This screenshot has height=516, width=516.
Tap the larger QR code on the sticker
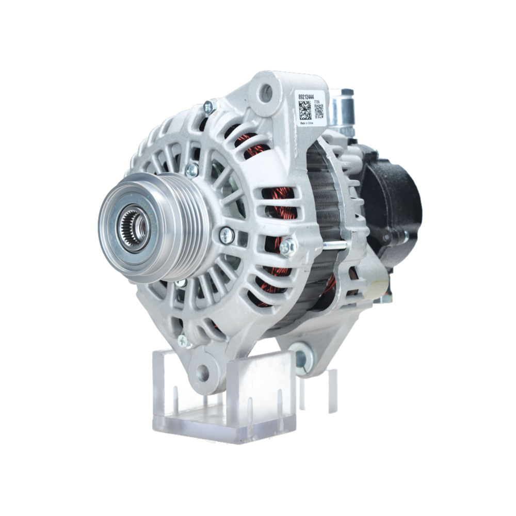pos(305,110)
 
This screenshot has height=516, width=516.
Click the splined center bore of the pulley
pos(135,228)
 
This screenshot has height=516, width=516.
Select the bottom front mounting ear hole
pos(202,372)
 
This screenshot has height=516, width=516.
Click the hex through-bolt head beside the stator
pos(287,247)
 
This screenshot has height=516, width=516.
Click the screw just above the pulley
pos(192,170)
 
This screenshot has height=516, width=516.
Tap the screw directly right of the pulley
pos(227,236)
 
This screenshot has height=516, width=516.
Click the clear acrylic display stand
pos(227,397)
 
